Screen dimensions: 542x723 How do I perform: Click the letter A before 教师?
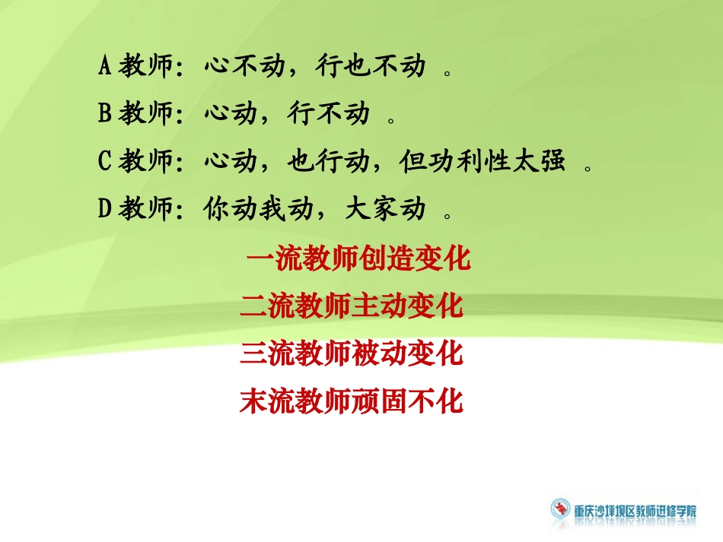click(105, 67)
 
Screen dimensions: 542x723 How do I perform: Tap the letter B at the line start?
click(105, 114)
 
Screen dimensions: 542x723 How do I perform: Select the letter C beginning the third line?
click(105, 161)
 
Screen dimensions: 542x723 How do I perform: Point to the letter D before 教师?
click(105, 208)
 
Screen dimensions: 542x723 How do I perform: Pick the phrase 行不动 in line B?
click(328, 114)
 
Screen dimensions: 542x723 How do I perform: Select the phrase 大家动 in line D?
click(385, 208)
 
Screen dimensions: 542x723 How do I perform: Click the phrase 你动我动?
click(258, 208)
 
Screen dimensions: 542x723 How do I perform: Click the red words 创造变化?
click(415, 260)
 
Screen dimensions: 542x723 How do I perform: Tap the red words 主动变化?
click(408, 306)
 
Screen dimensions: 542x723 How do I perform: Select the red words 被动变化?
click(408, 353)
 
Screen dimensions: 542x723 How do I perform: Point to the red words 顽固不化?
click(408, 401)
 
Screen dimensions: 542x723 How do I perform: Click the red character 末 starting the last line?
click(253, 401)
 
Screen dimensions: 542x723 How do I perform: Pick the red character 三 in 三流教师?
click(253, 353)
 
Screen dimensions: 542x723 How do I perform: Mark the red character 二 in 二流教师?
click(253, 306)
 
